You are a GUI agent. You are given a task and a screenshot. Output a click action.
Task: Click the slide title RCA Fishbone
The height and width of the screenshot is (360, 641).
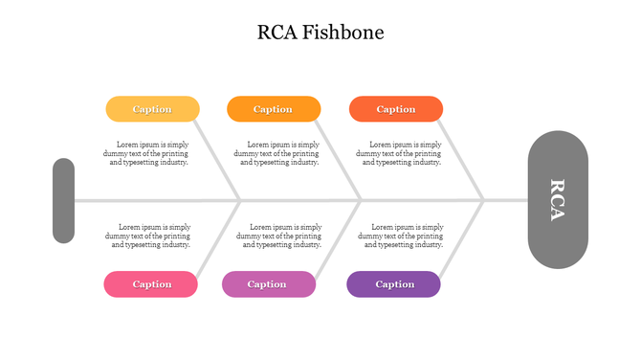[320, 33]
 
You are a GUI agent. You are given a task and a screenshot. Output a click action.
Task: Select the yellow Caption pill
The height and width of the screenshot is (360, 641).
[152, 109]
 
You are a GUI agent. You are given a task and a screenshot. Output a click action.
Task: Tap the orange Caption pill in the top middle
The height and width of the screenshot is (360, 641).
[273, 109]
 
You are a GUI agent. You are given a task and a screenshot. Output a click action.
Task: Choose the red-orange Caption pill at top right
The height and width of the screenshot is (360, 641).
[395, 109]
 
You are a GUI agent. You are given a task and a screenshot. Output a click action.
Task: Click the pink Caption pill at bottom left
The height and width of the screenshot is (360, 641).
[151, 284]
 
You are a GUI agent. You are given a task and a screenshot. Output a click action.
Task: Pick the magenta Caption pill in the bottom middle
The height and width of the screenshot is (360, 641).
[268, 284]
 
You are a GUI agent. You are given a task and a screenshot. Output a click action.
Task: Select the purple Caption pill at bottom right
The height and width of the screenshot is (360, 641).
[394, 284]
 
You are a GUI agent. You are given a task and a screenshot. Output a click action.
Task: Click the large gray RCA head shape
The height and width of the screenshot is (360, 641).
[558, 200]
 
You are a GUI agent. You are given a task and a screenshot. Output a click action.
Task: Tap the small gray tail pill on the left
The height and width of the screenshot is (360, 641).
[63, 200]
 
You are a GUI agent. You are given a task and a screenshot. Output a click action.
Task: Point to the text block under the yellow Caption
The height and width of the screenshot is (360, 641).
[147, 153]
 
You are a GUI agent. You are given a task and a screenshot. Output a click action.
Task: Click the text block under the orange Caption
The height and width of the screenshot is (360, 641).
[277, 153]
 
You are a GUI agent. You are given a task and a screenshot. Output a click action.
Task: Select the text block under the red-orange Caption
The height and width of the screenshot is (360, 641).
[401, 153]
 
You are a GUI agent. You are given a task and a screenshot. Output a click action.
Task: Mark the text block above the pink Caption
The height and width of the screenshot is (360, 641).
[148, 236]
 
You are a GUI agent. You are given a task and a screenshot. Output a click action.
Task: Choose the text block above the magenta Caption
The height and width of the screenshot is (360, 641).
[278, 236]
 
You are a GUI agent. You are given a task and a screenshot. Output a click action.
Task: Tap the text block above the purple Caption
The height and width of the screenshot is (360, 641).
[401, 236]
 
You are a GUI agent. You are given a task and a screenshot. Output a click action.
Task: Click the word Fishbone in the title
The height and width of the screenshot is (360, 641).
[343, 33]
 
